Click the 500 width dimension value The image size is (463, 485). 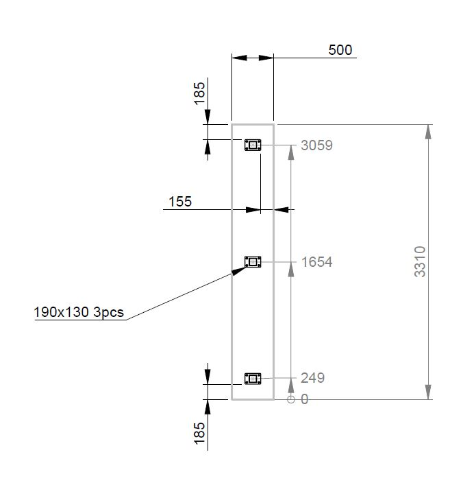pyautogui.click(x=340, y=50)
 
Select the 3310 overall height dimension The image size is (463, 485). pyautogui.click(x=420, y=261)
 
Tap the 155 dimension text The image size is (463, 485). pyautogui.click(x=180, y=202)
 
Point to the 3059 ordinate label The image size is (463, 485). pyautogui.click(x=316, y=145)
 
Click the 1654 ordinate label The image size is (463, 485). pyautogui.click(x=316, y=262)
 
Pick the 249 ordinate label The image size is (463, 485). pyautogui.click(x=312, y=378)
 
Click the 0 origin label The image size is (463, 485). pyautogui.click(x=305, y=399)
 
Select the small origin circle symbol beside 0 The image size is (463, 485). pyautogui.click(x=291, y=399)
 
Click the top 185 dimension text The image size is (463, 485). pyautogui.click(x=199, y=93)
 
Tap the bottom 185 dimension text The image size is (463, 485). pyautogui.click(x=199, y=434)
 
